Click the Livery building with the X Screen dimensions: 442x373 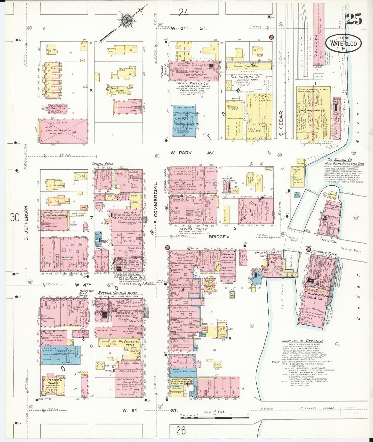64,131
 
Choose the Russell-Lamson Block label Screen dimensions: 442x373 118,293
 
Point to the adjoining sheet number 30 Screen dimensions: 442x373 15,218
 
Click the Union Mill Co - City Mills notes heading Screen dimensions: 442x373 303,341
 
